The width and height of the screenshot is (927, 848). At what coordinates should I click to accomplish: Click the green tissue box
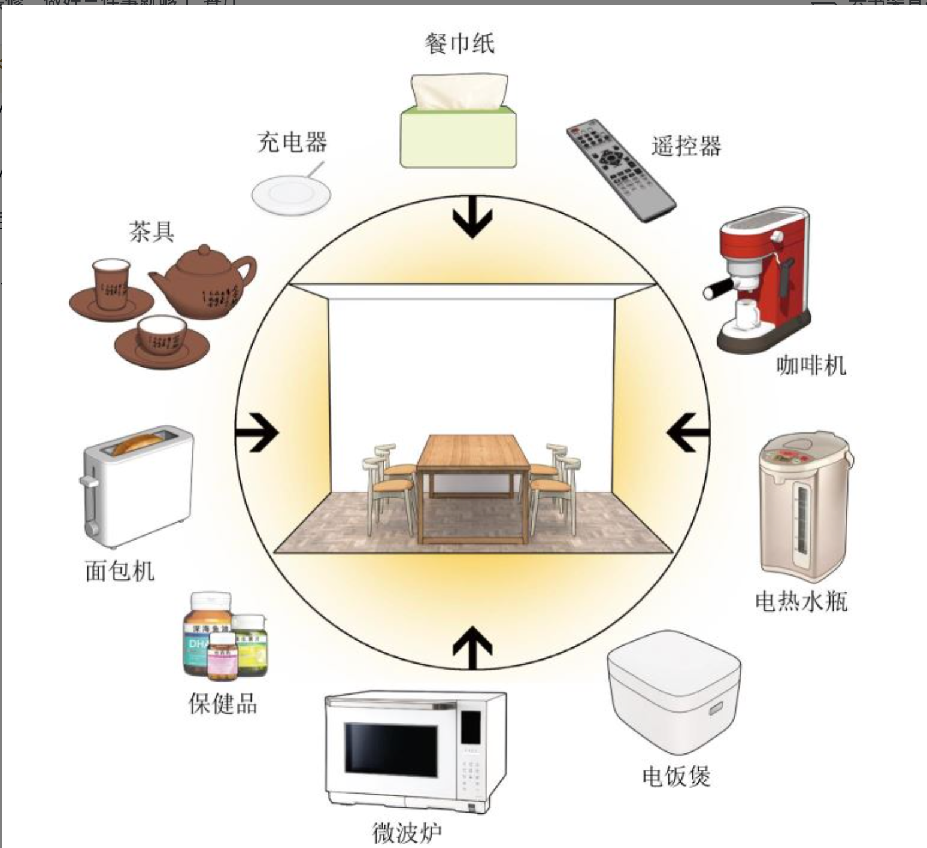pyautogui.click(x=458, y=138)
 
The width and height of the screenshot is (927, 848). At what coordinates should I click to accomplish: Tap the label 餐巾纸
pyautogui.click(x=459, y=44)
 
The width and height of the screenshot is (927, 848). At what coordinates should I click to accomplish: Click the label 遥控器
pyautogui.click(x=686, y=146)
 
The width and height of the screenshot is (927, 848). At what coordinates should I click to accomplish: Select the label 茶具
pyautogui.click(x=152, y=231)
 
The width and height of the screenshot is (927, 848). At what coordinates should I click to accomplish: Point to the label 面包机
pyautogui.click(x=120, y=571)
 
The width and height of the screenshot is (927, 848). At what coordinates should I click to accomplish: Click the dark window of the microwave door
pyautogui.click(x=390, y=748)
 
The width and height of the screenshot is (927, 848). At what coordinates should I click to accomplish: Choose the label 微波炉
pyautogui.click(x=407, y=832)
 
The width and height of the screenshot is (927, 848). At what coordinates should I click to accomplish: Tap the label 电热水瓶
pyautogui.click(x=801, y=601)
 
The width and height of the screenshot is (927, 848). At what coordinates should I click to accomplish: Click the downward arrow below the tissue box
pyautogui.click(x=472, y=217)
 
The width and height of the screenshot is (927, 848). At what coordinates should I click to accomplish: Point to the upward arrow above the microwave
pyautogui.click(x=472, y=647)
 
